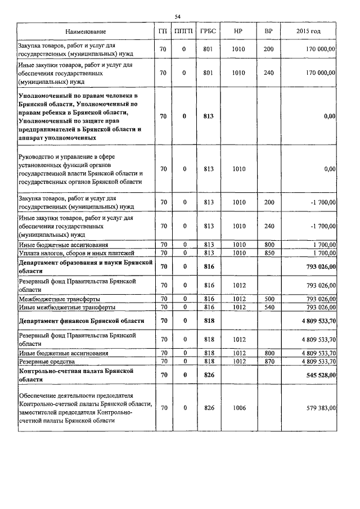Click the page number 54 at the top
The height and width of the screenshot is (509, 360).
(178, 16)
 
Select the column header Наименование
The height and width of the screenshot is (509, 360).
(85, 31)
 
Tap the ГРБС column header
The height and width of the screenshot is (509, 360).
(208, 31)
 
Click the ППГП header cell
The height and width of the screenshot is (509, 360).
(184, 31)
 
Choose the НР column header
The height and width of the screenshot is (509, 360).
(238, 31)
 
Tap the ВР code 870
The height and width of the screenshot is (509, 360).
(268, 361)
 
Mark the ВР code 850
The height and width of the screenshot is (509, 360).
(268, 253)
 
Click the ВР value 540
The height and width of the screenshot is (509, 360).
(268, 307)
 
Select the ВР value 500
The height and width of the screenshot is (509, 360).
(268, 299)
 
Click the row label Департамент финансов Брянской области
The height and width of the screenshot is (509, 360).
(81, 321)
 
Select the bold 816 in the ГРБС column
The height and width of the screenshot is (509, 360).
(209, 267)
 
